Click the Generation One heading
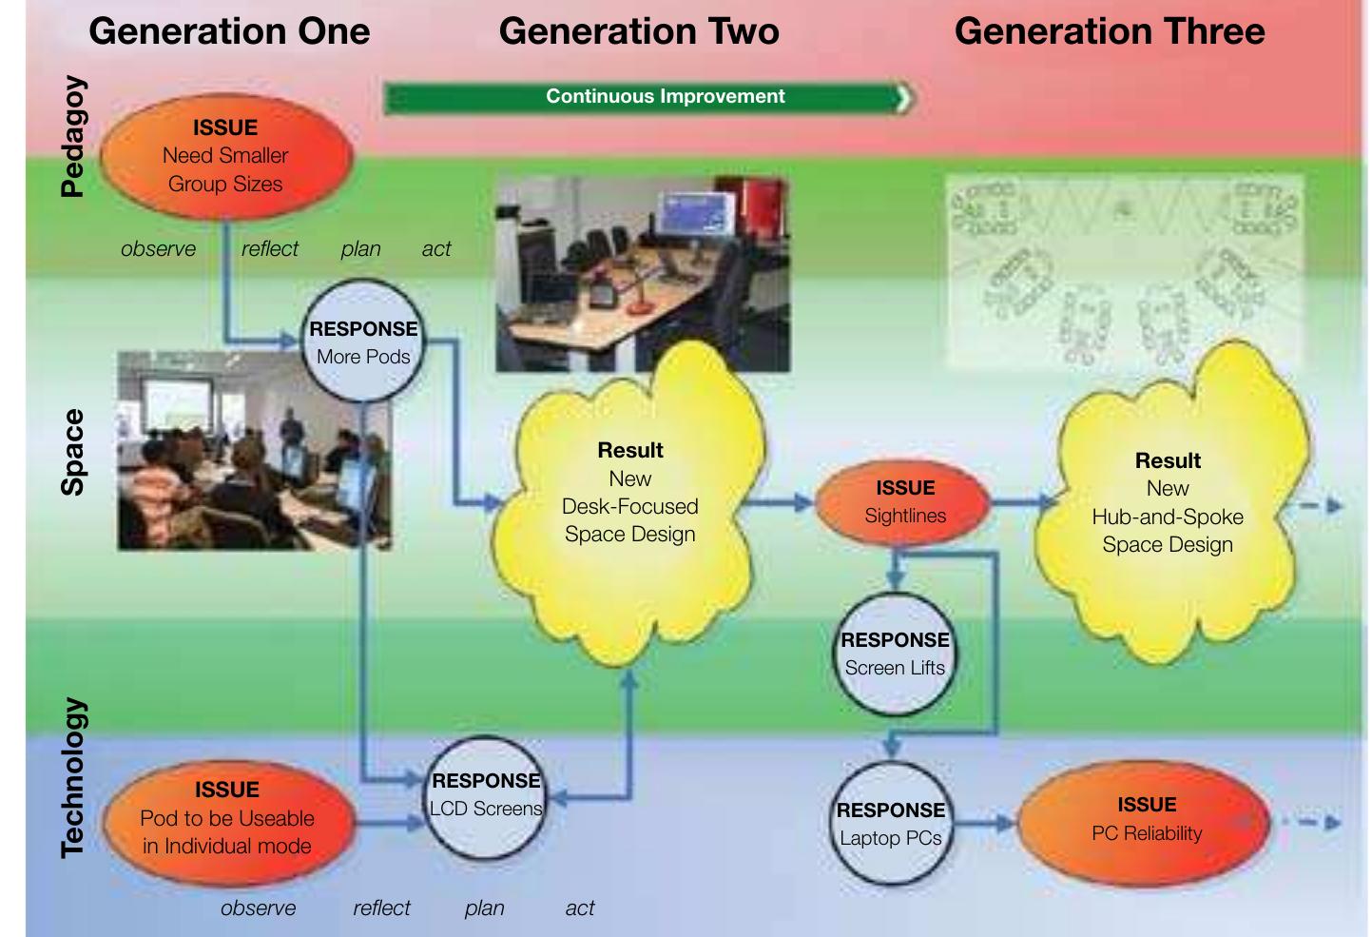click(229, 31)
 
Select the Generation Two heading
click(639, 31)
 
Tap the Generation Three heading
click(1110, 31)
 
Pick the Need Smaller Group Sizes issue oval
click(225, 155)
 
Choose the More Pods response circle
click(363, 342)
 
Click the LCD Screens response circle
click(485, 795)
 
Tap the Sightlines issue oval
click(904, 502)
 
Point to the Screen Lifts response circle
click(895, 654)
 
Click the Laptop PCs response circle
click(891, 824)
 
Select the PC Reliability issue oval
click(1146, 819)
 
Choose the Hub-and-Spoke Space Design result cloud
click(1168, 504)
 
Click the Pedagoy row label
click(73, 137)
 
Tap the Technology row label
click(73, 777)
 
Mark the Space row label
click(73, 452)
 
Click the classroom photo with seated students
click(254, 450)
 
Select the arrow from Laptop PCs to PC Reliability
click(984, 823)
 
